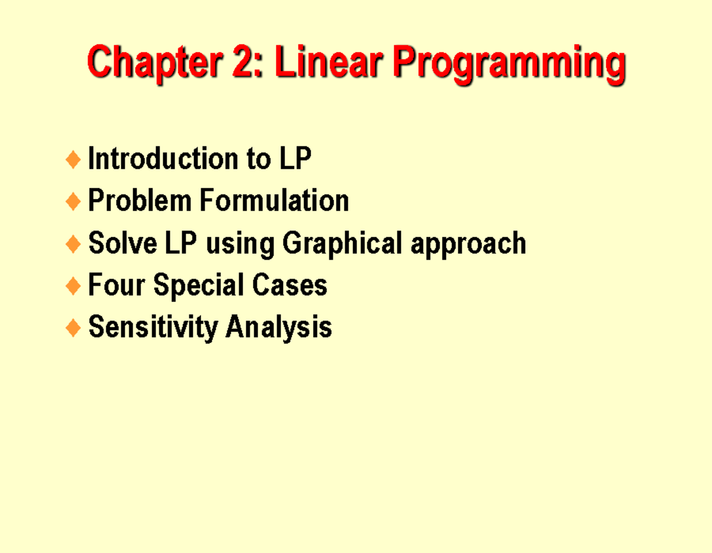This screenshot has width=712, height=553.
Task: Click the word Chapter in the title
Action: (x=155, y=63)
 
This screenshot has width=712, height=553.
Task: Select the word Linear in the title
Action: (x=329, y=62)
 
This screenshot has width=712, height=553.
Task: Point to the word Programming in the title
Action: (x=510, y=65)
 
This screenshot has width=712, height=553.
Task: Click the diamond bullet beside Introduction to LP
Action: (x=73, y=159)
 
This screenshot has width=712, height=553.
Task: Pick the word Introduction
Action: (x=163, y=158)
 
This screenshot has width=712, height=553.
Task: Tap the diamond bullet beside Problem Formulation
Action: (x=73, y=202)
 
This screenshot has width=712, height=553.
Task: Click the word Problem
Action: (x=140, y=200)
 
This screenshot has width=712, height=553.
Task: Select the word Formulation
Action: (x=274, y=200)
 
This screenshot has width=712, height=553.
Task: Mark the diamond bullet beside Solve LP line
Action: (x=73, y=244)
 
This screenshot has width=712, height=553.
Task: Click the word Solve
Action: (x=123, y=242)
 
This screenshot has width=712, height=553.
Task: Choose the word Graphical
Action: (x=342, y=244)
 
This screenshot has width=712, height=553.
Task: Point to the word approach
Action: (x=469, y=245)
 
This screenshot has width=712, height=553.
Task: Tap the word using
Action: (x=240, y=245)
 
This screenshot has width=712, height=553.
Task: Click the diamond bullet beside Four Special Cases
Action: (x=73, y=286)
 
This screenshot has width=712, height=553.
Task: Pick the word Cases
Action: (x=290, y=285)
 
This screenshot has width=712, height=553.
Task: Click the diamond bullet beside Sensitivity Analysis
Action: (x=73, y=328)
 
